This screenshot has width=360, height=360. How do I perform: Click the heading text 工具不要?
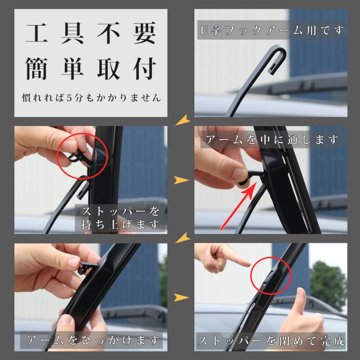(91, 33)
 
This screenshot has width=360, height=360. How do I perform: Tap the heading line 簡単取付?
(91, 68)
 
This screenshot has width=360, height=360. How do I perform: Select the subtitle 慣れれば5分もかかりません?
(91, 98)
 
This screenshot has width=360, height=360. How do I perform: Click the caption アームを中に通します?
(272, 140)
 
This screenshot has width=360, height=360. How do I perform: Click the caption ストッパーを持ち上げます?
(120, 218)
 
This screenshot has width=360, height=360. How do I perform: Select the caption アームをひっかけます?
(93, 340)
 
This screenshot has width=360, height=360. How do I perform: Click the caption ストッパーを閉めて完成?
(271, 341)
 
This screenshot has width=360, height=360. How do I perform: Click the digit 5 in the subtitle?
(69, 98)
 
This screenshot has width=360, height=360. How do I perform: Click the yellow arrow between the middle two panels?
(181, 180)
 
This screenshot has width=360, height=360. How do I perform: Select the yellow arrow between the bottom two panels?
(181, 297)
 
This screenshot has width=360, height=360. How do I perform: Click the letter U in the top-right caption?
(204, 30)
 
